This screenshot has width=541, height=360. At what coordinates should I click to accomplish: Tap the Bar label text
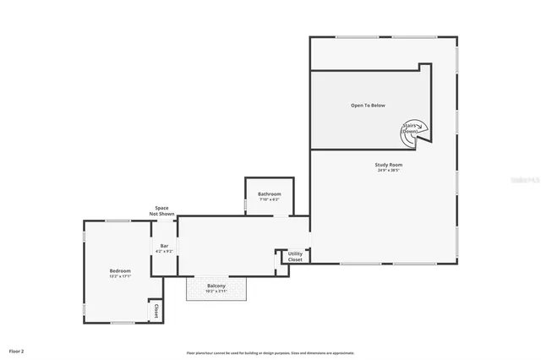[x=165, y=245]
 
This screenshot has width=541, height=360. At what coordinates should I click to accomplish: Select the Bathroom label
[x=270, y=194]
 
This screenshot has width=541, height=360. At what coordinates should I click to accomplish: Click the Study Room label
[x=389, y=164]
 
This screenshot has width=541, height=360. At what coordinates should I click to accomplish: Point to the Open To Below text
[x=368, y=106]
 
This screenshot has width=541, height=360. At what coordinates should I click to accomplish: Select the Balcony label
[x=216, y=286]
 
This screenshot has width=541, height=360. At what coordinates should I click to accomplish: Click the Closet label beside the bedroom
[x=156, y=311]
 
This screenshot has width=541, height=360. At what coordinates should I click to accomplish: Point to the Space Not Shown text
[x=162, y=211]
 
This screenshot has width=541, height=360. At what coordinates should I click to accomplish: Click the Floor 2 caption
[x=17, y=350]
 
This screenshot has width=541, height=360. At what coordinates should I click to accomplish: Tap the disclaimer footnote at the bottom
[x=270, y=353]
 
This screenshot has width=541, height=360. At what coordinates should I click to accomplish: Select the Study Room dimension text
[x=389, y=171]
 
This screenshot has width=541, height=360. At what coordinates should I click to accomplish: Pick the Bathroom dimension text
[x=270, y=199]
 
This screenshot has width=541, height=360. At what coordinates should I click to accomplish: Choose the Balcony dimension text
[x=216, y=292]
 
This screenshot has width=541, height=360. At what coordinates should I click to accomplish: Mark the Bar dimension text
[x=165, y=251]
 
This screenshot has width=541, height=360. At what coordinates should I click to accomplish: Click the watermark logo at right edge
[x=532, y=179]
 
